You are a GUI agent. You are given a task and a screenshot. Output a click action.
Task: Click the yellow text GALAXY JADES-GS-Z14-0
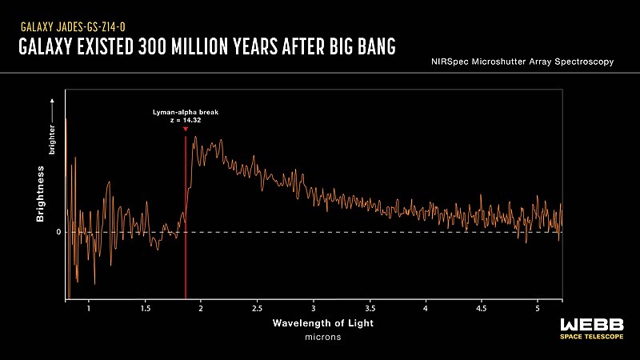73,26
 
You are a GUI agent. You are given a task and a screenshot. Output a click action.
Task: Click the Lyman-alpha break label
186,113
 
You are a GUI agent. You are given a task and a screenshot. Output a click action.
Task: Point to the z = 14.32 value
186,121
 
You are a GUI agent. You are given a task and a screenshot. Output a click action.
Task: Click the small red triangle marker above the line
186,130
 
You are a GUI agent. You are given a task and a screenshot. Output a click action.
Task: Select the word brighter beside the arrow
52,139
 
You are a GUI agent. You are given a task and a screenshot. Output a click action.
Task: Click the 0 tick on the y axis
58,232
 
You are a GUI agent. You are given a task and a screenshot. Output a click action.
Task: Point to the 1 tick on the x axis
88,308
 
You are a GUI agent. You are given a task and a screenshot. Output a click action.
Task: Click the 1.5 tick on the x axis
145,308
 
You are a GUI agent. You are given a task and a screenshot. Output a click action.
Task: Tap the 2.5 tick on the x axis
257,308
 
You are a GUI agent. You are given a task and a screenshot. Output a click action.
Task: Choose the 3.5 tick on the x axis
370,308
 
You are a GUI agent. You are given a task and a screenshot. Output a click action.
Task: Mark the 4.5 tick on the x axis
482,308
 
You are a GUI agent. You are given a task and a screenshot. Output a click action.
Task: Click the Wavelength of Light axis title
322,323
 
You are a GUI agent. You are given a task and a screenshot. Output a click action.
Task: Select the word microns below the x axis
322,337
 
